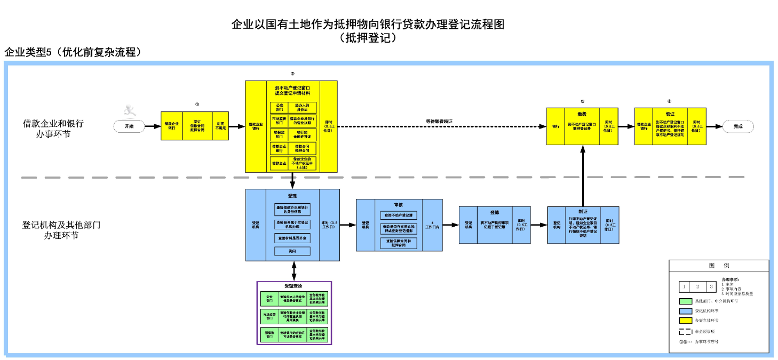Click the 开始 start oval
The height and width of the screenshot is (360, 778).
[x=129, y=126]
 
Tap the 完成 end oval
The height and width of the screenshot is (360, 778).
[x=738, y=126]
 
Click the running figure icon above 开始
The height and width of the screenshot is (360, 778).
[x=129, y=111]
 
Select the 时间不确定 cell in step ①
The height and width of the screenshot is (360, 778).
[x=220, y=126]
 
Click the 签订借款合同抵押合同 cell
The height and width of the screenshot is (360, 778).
[x=197, y=126]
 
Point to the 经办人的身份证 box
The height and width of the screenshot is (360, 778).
[x=303, y=108]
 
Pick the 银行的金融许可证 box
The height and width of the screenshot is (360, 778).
[x=303, y=134]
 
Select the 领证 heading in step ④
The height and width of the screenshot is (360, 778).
[x=670, y=114]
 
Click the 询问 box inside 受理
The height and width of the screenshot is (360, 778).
[x=292, y=251]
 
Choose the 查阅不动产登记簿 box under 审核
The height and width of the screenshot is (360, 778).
[x=399, y=215]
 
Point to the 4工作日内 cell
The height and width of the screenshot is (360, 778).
[x=432, y=225]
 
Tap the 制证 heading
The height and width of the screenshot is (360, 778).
[x=583, y=212]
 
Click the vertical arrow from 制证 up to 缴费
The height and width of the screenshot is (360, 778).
[x=583, y=176]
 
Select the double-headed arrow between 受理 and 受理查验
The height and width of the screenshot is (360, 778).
[x=292, y=271]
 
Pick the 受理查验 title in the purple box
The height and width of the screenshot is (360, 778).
[x=294, y=286]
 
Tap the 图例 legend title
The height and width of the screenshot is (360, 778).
[x=718, y=265]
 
